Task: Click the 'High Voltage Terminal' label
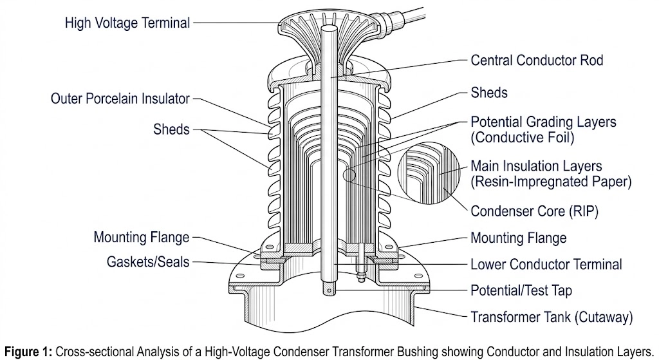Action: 127,23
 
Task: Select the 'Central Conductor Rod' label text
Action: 537,61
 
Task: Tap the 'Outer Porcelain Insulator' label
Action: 120,99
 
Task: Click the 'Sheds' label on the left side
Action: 171,129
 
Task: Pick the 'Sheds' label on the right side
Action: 489,93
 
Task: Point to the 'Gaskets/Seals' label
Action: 149,263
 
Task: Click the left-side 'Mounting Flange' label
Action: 142,237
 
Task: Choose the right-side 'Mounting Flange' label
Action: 519,238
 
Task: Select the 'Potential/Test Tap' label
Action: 521,291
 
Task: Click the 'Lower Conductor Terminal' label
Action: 546,265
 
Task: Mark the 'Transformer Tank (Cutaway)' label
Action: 552,317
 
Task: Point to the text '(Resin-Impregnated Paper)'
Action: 551,182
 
